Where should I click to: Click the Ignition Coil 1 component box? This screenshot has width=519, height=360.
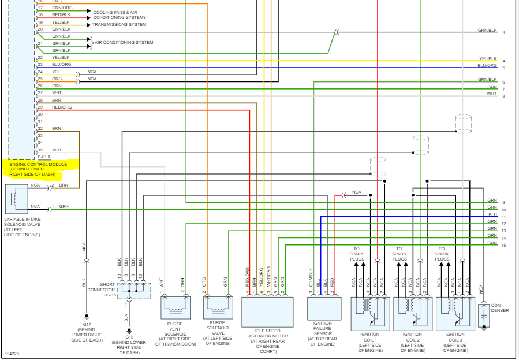pyautogui.click(x=370, y=313)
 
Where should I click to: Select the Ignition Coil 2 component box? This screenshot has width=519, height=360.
pyautogui.click(x=412, y=313)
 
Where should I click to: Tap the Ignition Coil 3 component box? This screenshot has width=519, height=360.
pyautogui.click(x=455, y=313)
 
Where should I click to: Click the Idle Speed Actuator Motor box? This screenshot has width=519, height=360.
pyautogui.click(x=267, y=312)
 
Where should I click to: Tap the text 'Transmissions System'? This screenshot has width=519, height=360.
pyautogui.click(x=119, y=25)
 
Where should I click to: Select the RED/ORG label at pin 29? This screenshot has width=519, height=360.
pyautogui.click(x=62, y=107)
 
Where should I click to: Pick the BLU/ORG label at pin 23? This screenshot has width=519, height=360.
pyautogui.click(x=62, y=64)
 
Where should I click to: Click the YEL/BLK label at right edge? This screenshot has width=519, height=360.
pyautogui.click(x=488, y=58)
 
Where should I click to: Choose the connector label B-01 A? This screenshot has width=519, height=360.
pyautogui.click(x=44, y=157)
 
